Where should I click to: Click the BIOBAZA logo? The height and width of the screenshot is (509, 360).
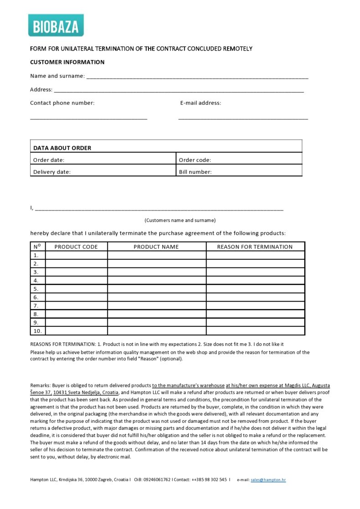(x=56, y=26)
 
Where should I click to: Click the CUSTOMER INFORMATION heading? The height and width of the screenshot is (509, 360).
(x=67, y=62)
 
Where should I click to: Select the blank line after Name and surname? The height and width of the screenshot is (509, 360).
(x=197, y=77)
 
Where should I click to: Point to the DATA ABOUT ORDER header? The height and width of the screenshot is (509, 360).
(x=62, y=148)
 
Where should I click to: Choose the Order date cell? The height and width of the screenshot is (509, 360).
(x=103, y=160)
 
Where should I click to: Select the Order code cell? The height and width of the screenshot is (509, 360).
(x=239, y=160)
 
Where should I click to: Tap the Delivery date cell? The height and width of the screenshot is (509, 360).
(x=103, y=172)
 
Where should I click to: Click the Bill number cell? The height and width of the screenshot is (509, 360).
(x=239, y=172)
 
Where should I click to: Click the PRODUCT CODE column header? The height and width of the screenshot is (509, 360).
(x=76, y=247)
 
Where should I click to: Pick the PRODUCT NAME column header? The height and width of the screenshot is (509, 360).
(x=156, y=247)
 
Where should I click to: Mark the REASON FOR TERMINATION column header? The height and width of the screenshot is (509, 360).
(x=255, y=247)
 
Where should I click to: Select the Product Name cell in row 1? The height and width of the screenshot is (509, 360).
(x=156, y=256)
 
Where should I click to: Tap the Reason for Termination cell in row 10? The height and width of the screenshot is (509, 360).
(x=255, y=331)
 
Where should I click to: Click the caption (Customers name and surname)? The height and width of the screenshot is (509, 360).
(x=180, y=220)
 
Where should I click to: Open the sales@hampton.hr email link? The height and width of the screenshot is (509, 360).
(x=268, y=480)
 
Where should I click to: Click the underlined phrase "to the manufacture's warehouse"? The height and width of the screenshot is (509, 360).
(x=188, y=386)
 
